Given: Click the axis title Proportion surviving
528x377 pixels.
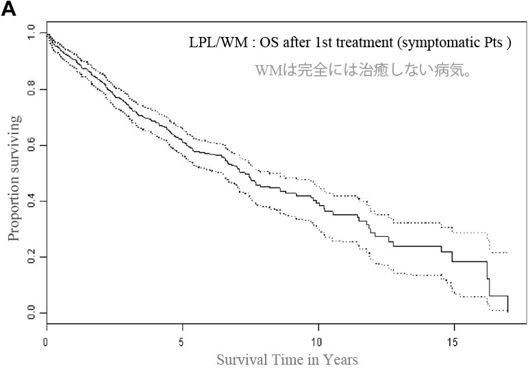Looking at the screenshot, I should pos(14,178).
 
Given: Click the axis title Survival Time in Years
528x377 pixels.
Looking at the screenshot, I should pos(287,359).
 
